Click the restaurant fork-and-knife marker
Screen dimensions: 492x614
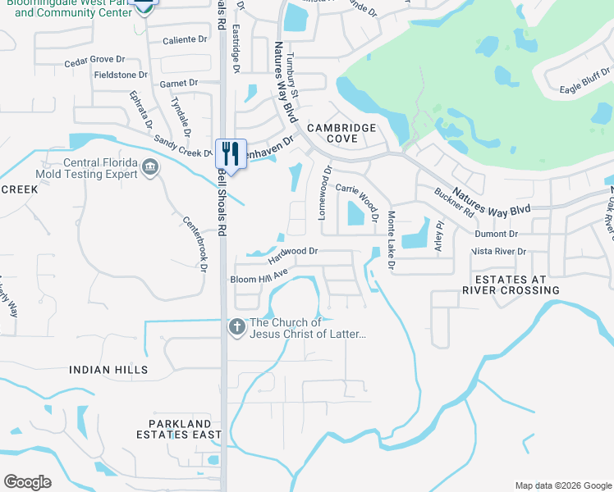coord(230,153)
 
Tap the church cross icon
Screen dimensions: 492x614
coord(237,327)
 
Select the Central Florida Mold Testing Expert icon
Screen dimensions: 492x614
coord(150,169)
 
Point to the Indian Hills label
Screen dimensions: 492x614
coord(109,370)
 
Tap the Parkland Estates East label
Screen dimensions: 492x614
coord(180,428)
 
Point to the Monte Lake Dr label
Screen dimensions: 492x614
coord(391,240)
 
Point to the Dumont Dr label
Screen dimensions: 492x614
coord(496,234)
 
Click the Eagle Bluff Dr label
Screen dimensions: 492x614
coord(586,89)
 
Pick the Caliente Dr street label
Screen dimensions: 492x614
coord(184,39)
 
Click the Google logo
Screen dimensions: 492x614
coord(27,482)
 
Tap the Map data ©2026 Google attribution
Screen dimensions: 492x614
coord(563,485)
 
